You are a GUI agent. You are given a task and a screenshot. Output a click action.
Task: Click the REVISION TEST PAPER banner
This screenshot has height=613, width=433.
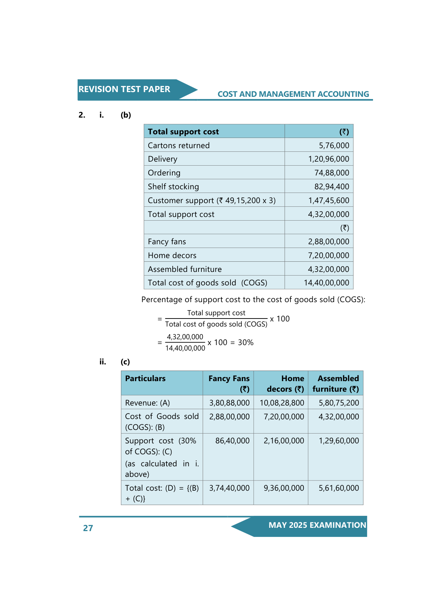[x=124, y=89]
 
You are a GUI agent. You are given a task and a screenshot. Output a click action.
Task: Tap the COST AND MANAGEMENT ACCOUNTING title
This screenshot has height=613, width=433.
[x=293, y=94]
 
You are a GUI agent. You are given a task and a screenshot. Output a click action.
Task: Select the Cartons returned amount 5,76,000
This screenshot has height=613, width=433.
[x=334, y=145]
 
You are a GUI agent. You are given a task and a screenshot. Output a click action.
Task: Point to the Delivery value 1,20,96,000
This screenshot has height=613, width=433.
[x=328, y=159]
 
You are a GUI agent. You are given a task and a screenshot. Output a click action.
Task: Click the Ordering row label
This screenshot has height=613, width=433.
[x=164, y=173]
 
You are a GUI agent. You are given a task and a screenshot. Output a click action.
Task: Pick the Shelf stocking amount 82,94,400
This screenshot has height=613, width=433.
[x=332, y=187]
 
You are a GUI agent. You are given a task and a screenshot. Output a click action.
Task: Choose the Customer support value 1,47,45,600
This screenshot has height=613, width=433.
[x=328, y=201]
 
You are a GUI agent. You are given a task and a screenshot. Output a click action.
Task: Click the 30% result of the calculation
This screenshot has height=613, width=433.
[x=246, y=343]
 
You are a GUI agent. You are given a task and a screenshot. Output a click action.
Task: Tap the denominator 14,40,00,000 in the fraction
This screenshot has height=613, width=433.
[x=185, y=348]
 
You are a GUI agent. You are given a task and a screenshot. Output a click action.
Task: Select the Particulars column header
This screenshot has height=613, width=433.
[x=145, y=379]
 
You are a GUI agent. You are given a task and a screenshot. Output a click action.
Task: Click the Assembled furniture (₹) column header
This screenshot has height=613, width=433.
[x=336, y=384]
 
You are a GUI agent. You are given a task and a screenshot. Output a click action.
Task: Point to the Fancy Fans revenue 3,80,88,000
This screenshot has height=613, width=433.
[x=229, y=403]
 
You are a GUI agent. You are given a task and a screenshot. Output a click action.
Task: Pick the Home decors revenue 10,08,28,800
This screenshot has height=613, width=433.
[x=282, y=403]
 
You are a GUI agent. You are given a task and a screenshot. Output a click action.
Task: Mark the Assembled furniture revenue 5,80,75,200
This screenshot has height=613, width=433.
[x=338, y=403]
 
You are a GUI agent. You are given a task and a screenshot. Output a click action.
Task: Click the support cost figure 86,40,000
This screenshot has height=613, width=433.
[x=232, y=441]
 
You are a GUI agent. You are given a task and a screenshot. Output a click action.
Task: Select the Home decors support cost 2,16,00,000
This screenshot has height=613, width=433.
[x=284, y=441]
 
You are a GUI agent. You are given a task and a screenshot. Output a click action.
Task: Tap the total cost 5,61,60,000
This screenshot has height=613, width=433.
[x=338, y=488]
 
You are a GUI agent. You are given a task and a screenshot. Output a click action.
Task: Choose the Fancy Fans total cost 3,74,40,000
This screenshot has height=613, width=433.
[x=229, y=488]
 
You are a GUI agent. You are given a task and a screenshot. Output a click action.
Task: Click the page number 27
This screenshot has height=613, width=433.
[x=88, y=528]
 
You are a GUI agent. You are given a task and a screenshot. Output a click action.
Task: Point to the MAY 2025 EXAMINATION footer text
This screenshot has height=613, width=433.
[x=317, y=525]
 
